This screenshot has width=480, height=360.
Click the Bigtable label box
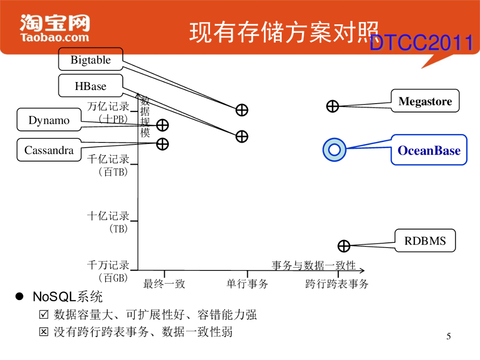pyautogui.click(x=90, y=60)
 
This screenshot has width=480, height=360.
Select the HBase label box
pyautogui.click(x=90, y=86)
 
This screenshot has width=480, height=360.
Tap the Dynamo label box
pyautogui.click(x=49, y=120)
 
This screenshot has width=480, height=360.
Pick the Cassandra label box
pyautogui.click(x=49, y=150)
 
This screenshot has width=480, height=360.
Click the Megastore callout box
pyautogui.click(x=425, y=101)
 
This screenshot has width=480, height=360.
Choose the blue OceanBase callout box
pyautogui.click(x=429, y=150)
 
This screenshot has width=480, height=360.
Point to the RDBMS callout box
pyautogui.click(x=425, y=241)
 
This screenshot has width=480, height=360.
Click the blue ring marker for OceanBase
pyautogui.click(x=334, y=150)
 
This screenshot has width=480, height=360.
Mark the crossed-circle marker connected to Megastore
pyautogui.click(x=332, y=106)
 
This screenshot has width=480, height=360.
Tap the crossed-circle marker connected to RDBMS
pyautogui.click(x=344, y=246)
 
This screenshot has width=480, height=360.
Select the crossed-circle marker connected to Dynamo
pyautogui.click(x=162, y=125)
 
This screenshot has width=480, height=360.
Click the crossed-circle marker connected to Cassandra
pyautogui.click(x=162, y=144)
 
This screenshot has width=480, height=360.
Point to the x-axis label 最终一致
pyautogui.click(x=164, y=284)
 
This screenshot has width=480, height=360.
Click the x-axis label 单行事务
pyautogui.click(x=247, y=284)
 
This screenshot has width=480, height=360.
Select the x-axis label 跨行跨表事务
pyautogui.click(x=337, y=284)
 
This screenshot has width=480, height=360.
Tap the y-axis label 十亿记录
pyautogui.click(x=108, y=216)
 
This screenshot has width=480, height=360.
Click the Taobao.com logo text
pyautogui.click(x=54, y=37)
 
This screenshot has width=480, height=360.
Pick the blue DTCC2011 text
pyautogui.click(x=421, y=44)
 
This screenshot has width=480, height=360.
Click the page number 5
pyautogui.click(x=449, y=337)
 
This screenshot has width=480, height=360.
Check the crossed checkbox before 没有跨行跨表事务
pyautogui.click(x=44, y=332)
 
